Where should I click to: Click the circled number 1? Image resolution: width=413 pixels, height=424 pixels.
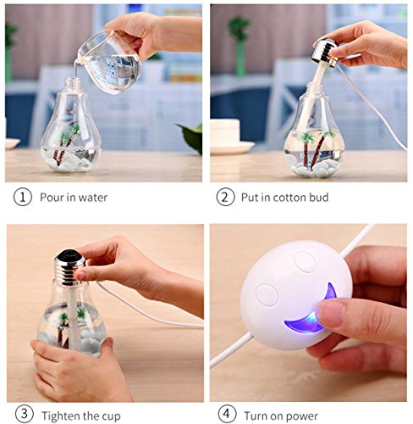pos(23,197)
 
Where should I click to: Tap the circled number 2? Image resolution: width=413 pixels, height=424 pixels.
pos(225,197)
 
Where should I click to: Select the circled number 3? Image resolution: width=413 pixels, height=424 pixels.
pos(25,415)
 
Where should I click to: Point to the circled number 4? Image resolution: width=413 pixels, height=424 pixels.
pos(227,415)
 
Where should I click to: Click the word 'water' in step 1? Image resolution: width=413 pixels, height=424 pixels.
pos(93,198)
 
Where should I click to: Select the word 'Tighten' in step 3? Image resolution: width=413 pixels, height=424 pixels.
pos(61,416)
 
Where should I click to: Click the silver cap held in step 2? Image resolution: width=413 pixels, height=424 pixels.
pos(325,53)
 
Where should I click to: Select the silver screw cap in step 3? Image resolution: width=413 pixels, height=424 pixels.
pos(69,267)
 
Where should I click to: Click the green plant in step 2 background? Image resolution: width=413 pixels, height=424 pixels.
pos(240,45)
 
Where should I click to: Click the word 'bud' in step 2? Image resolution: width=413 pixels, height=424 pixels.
pos(319,198)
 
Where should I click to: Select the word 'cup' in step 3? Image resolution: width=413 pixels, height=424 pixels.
pos(111,416)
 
